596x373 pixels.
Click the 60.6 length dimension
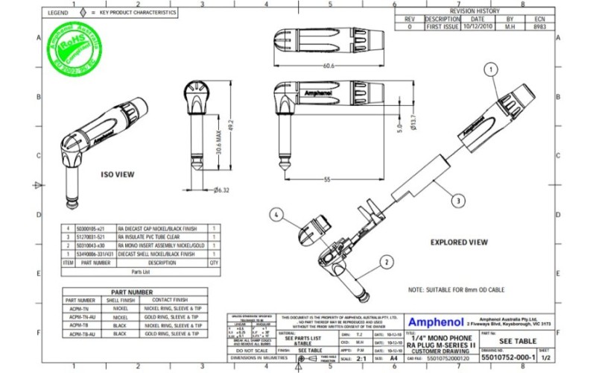(x=329, y=66)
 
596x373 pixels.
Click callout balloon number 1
(x=490, y=69)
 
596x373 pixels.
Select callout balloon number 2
(x=387, y=262)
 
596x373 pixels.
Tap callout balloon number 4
(x=276, y=215)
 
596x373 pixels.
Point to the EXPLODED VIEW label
(x=460, y=242)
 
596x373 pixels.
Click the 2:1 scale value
(x=361, y=358)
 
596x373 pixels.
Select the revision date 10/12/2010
(x=478, y=26)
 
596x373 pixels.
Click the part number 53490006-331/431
(x=96, y=254)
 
